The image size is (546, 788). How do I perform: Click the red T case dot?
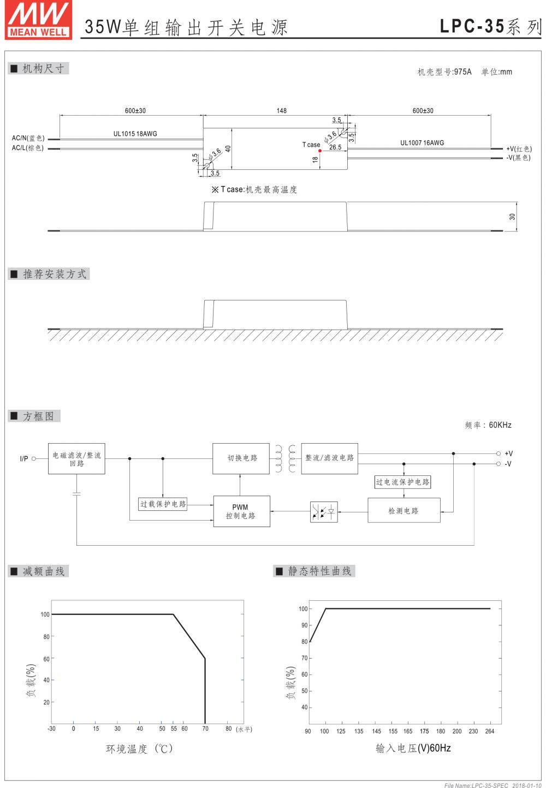click(320, 151)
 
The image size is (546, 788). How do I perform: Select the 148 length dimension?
click(281, 111)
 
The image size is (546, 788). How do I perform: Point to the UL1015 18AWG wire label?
click(135, 134)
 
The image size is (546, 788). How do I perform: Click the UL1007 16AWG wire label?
click(422, 143)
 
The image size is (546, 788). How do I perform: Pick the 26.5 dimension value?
click(335, 147)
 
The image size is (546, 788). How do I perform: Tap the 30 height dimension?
click(512, 217)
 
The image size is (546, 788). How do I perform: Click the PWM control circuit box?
click(241, 511)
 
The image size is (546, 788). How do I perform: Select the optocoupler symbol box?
click(324, 511)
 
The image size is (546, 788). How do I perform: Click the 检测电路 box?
click(403, 511)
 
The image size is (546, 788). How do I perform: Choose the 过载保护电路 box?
click(163, 504)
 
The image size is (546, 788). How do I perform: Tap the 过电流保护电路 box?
click(402, 482)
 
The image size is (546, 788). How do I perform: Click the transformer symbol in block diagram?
click(286, 458)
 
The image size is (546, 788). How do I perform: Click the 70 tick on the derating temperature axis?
click(205, 729)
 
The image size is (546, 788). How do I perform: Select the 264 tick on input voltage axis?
click(489, 731)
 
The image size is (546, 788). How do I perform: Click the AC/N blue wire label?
click(28, 138)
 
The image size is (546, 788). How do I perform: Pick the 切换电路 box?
click(241, 458)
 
